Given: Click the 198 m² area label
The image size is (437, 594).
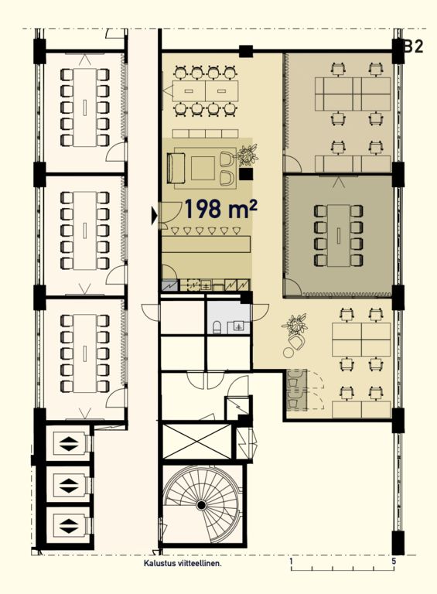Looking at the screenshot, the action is pyautogui.click(x=221, y=209).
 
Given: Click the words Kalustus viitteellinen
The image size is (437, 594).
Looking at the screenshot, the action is pyautogui.click(x=182, y=563).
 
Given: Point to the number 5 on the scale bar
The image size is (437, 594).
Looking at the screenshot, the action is pyautogui.click(x=394, y=561).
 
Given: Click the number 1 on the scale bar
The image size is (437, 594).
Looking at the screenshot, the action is pyautogui.click(x=292, y=561).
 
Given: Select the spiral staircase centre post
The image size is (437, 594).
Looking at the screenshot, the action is pyautogui.click(x=201, y=505).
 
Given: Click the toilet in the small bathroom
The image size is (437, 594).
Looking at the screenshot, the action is pyautogui.click(x=217, y=327).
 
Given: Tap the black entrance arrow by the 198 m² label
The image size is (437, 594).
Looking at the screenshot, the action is pyautogui.click(x=154, y=216).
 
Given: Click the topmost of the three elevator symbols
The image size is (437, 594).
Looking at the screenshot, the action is pyautogui.click(x=69, y=444).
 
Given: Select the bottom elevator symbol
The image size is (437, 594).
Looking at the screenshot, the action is pyautogui.click(x=69, y=526).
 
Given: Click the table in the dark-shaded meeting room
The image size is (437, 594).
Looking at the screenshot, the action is pyautogui.click(x=339, y=235).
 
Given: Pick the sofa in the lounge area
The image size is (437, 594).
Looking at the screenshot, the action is pyautogui.click(x=176, y=168).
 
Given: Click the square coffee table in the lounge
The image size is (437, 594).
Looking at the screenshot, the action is pyautogui.click(x=203, y=169).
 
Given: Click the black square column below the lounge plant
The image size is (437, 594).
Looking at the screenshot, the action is pyautogui.click(x=246, y=174).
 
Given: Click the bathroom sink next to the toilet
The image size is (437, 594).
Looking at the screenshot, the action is pyautogui.click(x=238, y=326).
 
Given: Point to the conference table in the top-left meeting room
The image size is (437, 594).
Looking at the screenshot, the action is pyautogui.click(x=85, y=108).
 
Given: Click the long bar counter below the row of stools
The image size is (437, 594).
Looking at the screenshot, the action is pyautogui.click(x=207, y=244).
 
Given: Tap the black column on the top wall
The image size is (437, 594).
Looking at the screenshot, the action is pyautogui.click(x=246, y=51).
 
